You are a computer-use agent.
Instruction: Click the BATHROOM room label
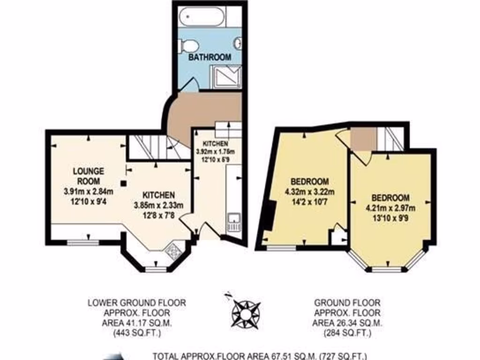pos(210,57)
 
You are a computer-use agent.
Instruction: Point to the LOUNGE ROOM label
pos(88,176)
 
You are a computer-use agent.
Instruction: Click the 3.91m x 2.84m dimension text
pos(89,191)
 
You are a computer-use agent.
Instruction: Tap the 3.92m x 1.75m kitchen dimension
pos(215,151)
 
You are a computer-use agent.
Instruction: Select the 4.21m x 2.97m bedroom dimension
pos(390,208)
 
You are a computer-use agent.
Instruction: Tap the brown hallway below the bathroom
pos(206,110)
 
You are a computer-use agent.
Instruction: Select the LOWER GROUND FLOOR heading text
pos(137,303)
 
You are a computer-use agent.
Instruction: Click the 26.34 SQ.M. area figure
pos(347,323)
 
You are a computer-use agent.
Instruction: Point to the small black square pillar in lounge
pos(123,183)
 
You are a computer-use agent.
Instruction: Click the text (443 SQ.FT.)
pos(137,334)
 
